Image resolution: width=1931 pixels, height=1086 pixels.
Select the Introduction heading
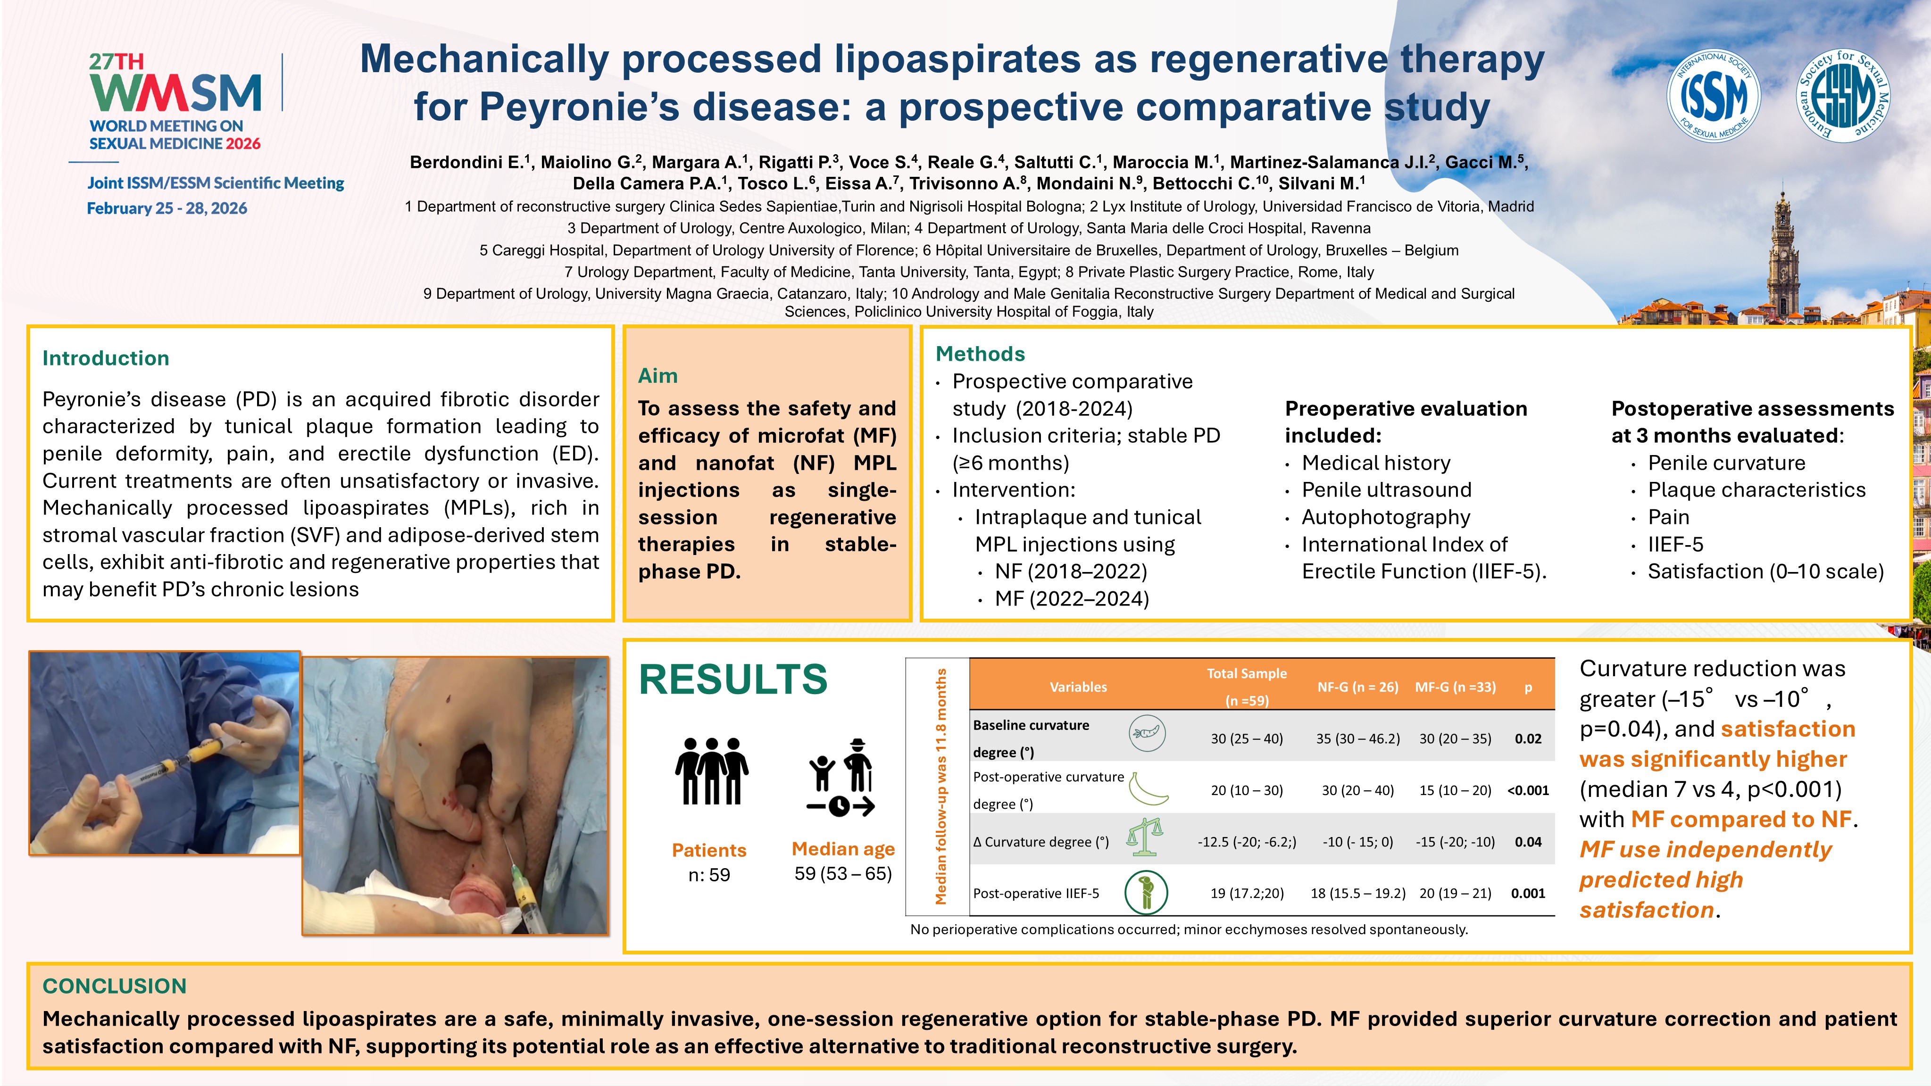106,358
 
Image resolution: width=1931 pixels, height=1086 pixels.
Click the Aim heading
658,375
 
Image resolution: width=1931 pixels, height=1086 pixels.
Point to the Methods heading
980,354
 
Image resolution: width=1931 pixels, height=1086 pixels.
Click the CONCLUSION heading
114,986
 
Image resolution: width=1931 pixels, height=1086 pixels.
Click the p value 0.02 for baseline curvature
1528,739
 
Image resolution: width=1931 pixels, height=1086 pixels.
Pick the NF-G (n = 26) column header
1357,687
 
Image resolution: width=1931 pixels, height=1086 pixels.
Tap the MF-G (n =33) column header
1455,687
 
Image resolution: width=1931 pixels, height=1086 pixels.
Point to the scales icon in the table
1145,837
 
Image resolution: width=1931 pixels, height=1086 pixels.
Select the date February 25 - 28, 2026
167,208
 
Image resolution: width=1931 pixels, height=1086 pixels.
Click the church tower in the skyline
1782,255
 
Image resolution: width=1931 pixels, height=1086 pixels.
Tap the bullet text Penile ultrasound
1386,490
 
